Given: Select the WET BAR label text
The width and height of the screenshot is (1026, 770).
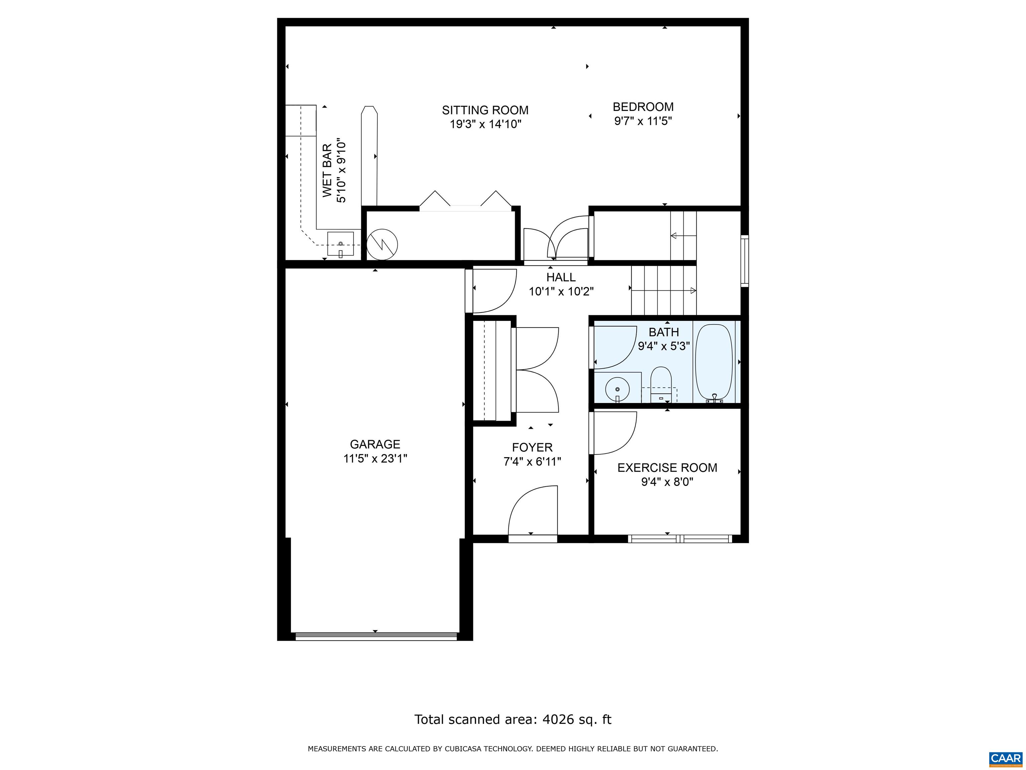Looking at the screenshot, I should pyautogui.click(x=327, y=170).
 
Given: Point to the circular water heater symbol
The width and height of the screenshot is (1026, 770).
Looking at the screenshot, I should pyautogui.click(x=382, y=244).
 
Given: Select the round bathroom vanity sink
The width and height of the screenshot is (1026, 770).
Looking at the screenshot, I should pyautogui.click(x=617, y=389).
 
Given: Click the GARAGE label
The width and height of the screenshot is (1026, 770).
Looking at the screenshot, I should pyautogui.click(x=375, y=444).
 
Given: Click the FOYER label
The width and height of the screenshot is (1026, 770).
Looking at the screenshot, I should pyautogui.click(x=532, y=447).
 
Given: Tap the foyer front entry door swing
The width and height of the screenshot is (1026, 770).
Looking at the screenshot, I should pyautogui.click(x=533, y=511).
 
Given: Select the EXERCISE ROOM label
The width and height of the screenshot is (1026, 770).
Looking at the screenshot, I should pyautogui.click(x=667, y=468).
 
